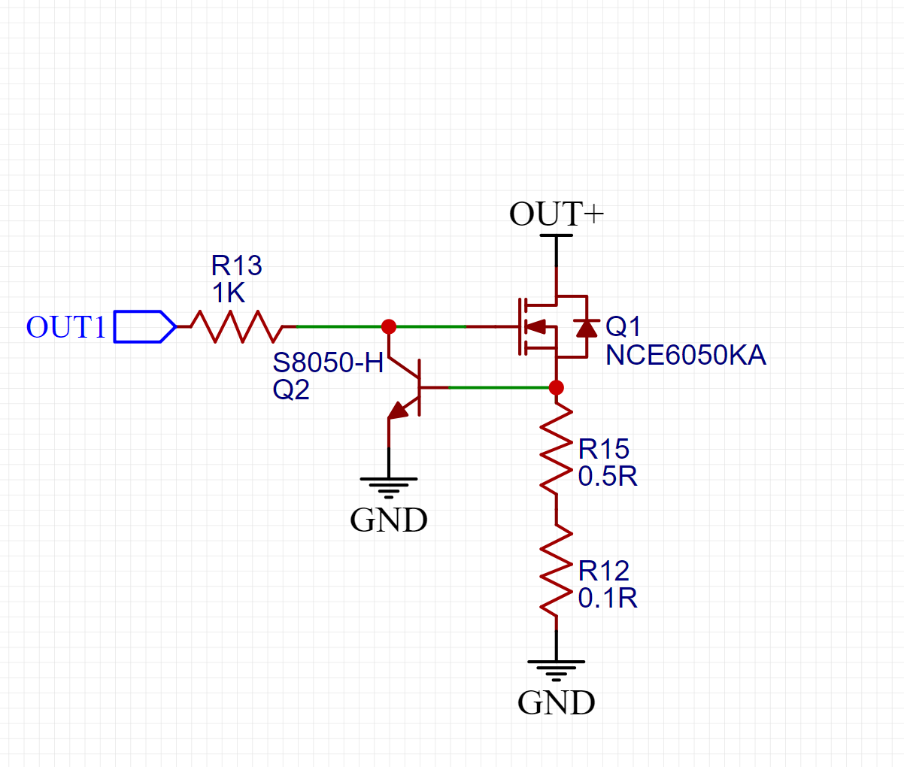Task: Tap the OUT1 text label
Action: [66, 327]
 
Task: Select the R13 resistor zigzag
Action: [237, 326]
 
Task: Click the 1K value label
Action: [229, 293]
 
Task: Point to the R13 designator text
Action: [236, 265]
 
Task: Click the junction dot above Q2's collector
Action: [389, 326]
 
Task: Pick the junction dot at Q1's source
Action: [556, 388]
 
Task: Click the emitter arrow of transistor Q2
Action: [398, 410]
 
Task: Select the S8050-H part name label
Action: [328, 362]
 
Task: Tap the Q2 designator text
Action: [291, 390]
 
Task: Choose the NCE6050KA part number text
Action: [685, 355]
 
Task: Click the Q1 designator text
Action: [623, 326]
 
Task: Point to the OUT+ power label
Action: [556, 214]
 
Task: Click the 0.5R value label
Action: [608, 476]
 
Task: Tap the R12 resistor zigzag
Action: [556, 569]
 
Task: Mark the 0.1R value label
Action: [608, 598]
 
